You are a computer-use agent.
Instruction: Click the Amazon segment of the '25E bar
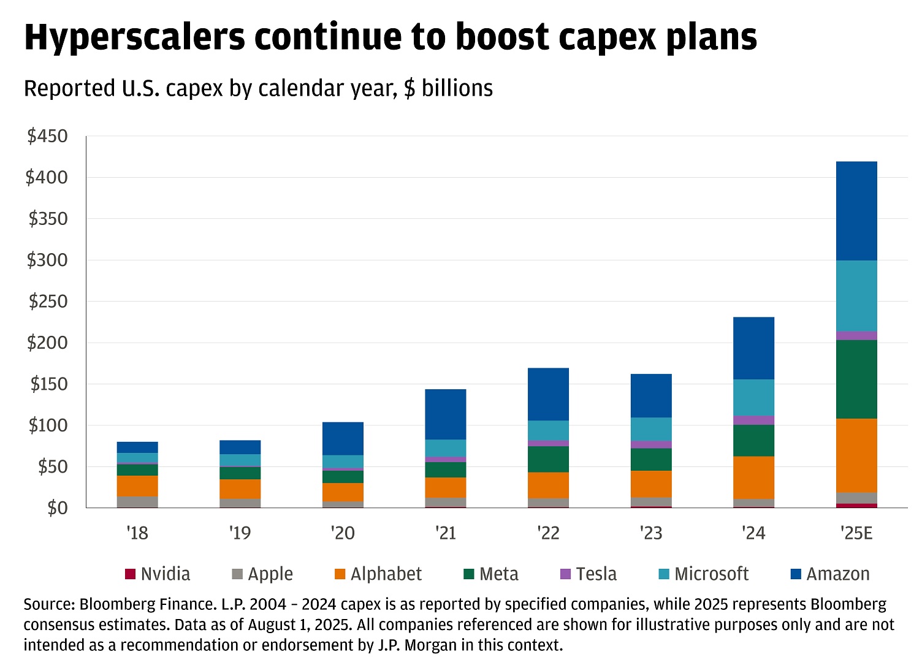[856, 211]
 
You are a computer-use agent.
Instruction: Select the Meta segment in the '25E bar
[856, 379]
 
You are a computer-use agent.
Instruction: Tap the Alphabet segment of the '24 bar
[753, 477]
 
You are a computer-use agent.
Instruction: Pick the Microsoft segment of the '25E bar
[856, 296]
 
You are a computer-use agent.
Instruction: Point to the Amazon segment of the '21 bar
[446, 414]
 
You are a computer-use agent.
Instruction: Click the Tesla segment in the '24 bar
[753, 420]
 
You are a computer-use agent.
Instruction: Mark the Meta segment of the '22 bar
[548, 459]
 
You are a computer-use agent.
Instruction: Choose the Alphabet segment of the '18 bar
[137, 486]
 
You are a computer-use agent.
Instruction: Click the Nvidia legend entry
[158, 574]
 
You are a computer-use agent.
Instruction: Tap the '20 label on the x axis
[343, 533]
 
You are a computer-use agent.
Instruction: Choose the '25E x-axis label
[856, 533]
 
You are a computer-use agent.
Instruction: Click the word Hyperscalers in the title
[134, 38]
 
